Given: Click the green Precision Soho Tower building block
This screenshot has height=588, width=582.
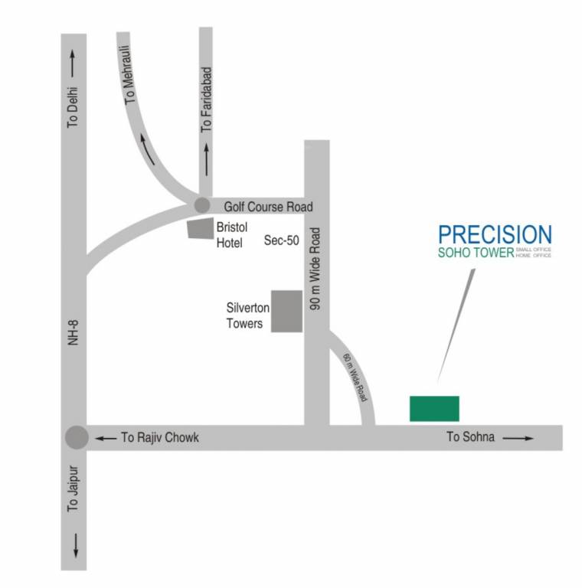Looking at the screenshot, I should [x=434, y=408].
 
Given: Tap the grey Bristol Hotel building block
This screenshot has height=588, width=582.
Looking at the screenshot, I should [x=201, y=228].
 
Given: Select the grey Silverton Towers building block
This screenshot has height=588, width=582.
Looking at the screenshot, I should [x=288, y=312].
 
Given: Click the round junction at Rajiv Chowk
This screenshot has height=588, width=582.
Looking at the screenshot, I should [x=77, y=437].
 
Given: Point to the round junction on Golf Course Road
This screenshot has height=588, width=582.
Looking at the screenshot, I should [x=201, y=205].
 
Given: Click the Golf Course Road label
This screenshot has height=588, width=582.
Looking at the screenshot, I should [x=268, y=207].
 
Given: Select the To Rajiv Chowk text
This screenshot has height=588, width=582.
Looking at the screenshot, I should [x=160, y=438].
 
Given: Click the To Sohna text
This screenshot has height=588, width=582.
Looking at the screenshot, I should [x=471, y=438].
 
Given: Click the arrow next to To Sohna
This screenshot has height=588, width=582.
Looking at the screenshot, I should [x=518, y=438].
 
